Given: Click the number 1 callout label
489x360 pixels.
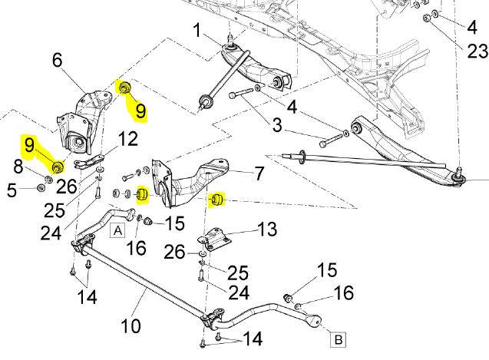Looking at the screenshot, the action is coord(197,31).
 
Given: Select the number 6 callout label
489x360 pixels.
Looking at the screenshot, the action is coord(58,60).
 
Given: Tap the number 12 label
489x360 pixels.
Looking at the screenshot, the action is coord(128,138).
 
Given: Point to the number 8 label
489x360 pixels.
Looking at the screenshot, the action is coord(18,166).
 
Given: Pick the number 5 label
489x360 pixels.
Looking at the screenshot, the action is coord(12,190).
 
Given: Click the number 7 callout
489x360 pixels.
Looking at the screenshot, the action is coord(259,173).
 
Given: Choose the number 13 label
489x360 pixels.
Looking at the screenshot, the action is coord(267,229).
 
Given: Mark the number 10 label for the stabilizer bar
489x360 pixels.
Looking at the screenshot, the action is coord(131,325).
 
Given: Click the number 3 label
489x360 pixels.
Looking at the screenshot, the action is coord(277,125).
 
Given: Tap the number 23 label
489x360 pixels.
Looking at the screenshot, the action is coord(477,51).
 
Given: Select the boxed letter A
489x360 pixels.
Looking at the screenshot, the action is coord(117,230).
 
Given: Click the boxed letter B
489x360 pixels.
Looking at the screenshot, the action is coord(338,339).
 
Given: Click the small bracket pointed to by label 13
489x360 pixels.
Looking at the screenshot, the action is coord(215,238).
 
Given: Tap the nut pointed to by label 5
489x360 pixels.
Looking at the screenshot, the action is coord(40,188).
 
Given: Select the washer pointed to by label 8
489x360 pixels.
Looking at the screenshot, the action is coord(48,180).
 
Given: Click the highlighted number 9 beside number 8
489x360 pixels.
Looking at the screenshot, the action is coord(29,145).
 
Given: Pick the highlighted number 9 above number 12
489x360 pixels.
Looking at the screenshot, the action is coord(140,111).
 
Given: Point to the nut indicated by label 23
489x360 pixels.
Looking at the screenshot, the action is coord(427,18).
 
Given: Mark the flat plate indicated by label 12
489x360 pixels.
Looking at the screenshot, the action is coord(88,160).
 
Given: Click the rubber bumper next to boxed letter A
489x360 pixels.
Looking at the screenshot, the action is coord(148,222).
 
